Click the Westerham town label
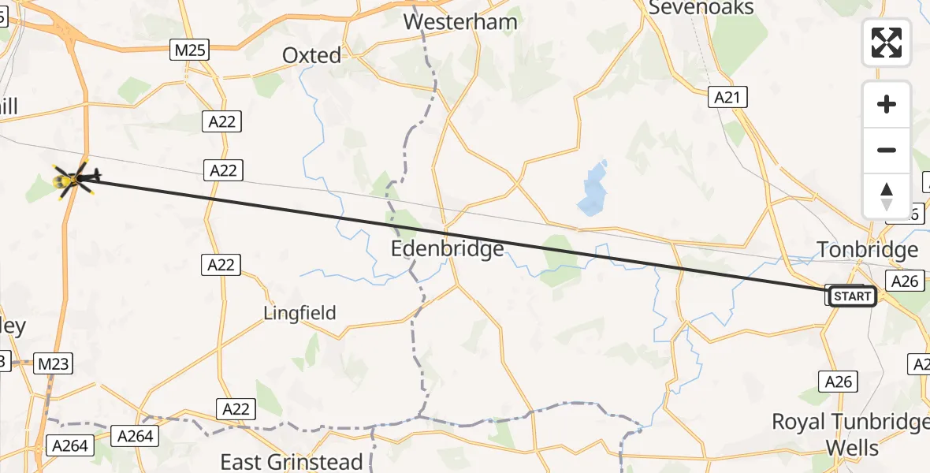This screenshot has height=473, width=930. (x=460, y=21)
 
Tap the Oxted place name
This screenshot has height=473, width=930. (x=312, y=55)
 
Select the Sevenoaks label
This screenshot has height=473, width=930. (x=701, y=8)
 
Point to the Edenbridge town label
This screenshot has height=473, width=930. (x=448, y=250)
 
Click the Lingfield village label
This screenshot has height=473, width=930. (x=299, y=313)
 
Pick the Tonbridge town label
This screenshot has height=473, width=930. (x=868, y=250)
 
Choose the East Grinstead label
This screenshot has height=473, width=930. (x=292, y=461)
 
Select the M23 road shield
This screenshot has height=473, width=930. (x=54, y=363)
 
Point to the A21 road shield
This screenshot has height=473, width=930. (x=727, y=97)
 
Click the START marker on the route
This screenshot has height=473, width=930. (x=852, y=296)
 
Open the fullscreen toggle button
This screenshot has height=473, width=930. (x=887, y=43)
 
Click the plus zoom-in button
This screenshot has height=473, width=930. (x=887, y=104)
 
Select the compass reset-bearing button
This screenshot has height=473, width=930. (x=887, y=196)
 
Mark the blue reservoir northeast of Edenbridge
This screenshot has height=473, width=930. (x=593, y=189)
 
